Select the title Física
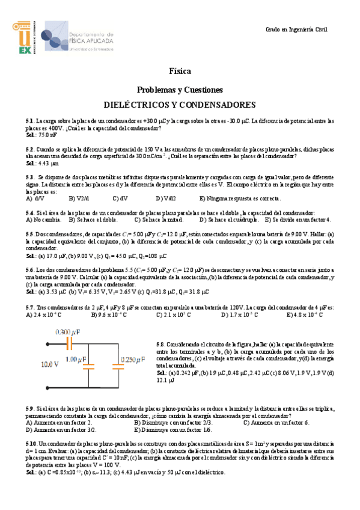tap(180, 70)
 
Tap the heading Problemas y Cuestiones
tap(180, 88)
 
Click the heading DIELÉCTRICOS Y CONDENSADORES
tap(180, 104)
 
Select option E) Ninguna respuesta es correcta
tap(240, 197)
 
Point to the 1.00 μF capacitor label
tap(75, 360)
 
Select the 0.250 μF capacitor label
tap(133, 360)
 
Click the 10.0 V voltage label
tap(50, 364)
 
